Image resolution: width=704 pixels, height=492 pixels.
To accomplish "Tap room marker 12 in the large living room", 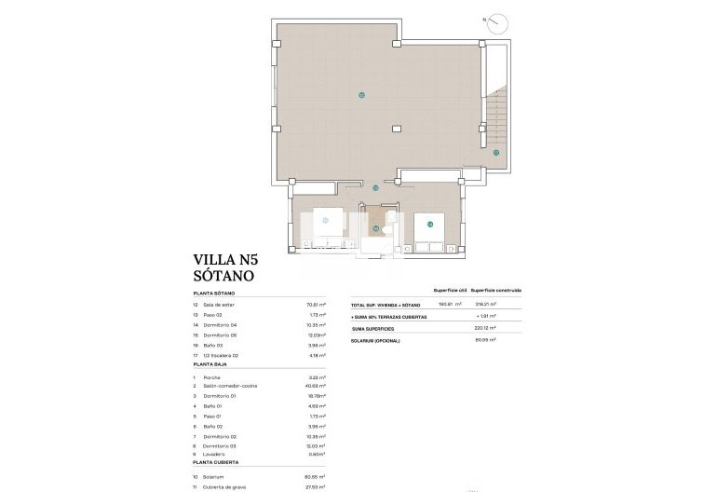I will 361,95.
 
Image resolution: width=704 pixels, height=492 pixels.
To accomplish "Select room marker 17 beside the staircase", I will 496,152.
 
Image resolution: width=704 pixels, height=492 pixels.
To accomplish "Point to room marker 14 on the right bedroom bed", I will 430,224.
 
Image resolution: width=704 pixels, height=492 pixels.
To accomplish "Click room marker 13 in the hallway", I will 375,188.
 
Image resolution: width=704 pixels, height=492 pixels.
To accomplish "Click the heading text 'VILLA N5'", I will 223,260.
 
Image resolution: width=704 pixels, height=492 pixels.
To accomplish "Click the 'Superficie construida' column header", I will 495,291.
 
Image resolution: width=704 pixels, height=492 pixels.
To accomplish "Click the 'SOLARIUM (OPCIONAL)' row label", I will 374,340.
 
